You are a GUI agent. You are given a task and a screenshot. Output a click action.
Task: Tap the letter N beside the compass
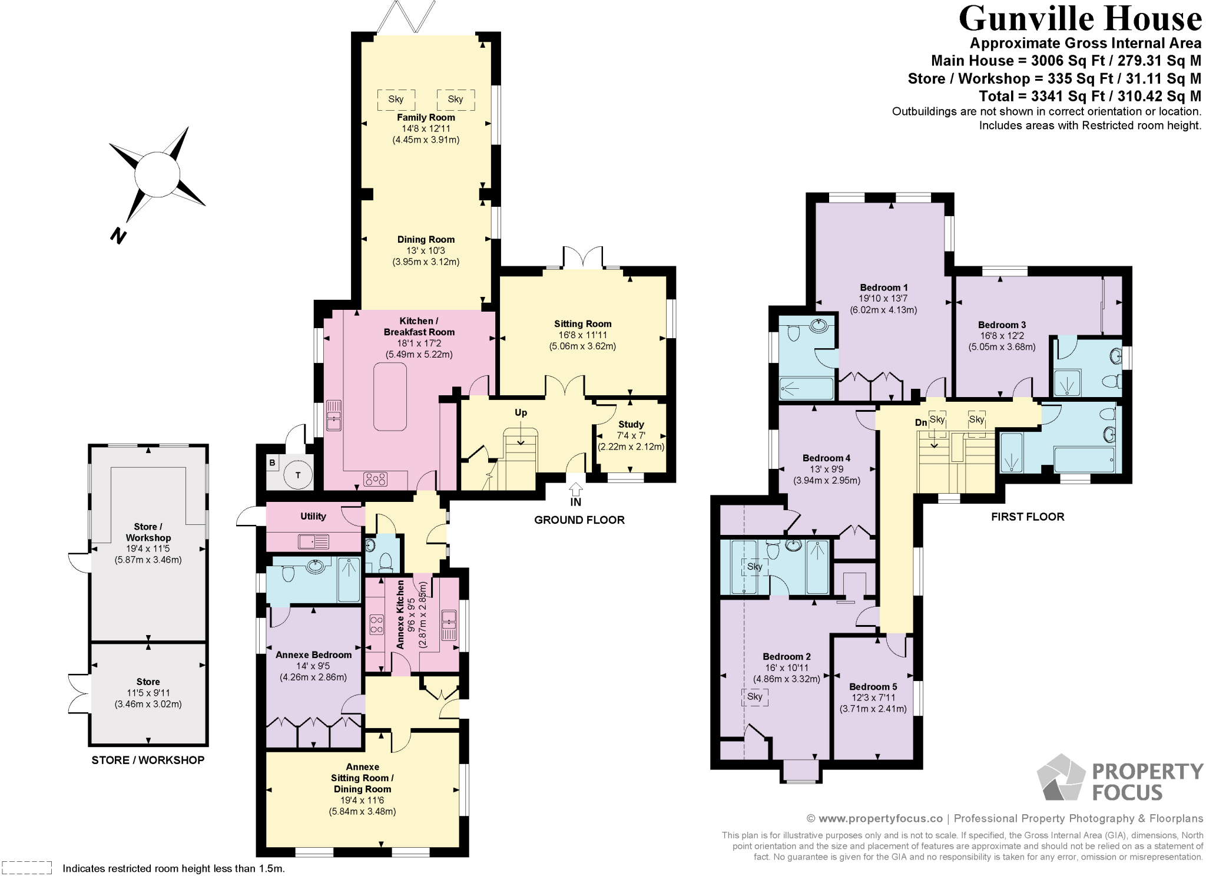point(118,236)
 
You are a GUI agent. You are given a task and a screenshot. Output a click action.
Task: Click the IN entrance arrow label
point(575,501)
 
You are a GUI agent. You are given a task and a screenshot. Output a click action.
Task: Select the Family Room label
point(426,117)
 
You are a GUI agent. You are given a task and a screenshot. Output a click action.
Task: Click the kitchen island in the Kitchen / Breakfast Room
point(390,396)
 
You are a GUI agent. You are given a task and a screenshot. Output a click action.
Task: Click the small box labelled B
point(272,463)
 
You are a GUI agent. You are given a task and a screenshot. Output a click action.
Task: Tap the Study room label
point(631,424)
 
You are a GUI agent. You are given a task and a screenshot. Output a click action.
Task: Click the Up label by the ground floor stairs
point(521,412)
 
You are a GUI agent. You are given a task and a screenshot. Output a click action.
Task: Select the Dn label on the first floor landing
point(921,422)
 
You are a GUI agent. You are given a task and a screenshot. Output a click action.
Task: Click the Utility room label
point(313,516)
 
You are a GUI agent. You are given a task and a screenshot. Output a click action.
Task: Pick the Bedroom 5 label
point(873,686)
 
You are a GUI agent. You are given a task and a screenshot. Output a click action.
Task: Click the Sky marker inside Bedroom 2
point(754,696)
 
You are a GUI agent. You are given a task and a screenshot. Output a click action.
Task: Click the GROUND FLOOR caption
point(579,520)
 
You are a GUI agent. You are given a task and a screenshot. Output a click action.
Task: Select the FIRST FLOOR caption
point(1028,517)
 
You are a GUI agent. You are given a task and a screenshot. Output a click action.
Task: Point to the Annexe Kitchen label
point(401,614)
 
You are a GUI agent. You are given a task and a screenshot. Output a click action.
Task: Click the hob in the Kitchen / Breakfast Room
point(376,479)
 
